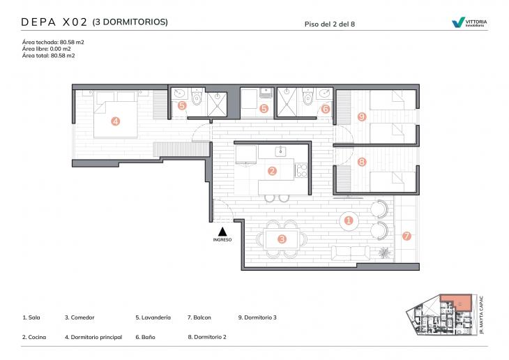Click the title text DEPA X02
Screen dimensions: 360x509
coord(54,22)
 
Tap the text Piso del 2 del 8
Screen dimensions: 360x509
coord(330,24)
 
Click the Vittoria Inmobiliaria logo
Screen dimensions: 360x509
coord(469,23)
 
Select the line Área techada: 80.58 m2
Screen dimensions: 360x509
coord(53,43)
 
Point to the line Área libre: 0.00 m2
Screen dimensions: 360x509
coord(47,49)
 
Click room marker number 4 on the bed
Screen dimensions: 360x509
coord(115,121)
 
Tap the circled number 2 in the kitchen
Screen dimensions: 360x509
coord(273,170)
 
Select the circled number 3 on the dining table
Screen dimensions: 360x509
coord(282,239)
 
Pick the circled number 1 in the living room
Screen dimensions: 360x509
coord(349,221)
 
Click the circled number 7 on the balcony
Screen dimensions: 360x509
coord(407,236)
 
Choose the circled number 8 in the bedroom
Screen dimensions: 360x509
coord(361,162)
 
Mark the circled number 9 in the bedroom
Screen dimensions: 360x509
coord(361,117)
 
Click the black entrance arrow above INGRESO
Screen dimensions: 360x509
coord(222,231)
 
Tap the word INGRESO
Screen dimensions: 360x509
coord(222,240)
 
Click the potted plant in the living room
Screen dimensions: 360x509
coord(383,252)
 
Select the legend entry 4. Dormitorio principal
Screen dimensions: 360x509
coord(93,337)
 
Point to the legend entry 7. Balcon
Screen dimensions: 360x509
coord(199,317)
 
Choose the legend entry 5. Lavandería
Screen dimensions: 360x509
coord(153,317)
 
